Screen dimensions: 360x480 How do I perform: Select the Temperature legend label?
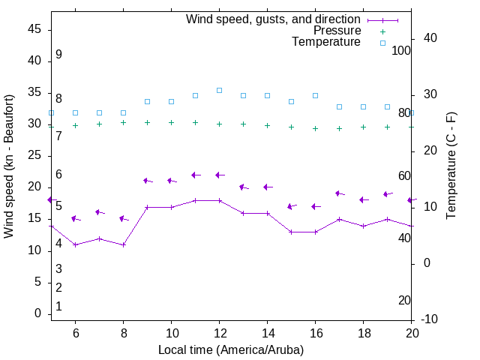click(326, 42)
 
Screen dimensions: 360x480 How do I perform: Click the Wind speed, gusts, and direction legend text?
click(274, 19)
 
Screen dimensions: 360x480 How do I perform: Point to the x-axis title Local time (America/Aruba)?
click(231, 349)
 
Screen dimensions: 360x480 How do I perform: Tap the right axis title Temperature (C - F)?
click(451, 166)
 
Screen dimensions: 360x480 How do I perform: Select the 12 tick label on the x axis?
click(219, 332)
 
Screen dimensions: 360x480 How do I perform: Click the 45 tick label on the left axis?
click(34, 29)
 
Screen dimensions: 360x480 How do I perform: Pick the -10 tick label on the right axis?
click(430, 319)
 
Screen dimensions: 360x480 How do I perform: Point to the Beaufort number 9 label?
click(58, 55)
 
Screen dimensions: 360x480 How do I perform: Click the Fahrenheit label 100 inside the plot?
click(401, 50)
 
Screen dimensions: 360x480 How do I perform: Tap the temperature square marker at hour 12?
click(219, 90)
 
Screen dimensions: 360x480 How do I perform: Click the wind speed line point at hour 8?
click(123, 244)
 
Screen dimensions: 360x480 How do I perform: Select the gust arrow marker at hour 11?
click(195, 175)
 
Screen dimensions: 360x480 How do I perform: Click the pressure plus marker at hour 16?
click(315, 128)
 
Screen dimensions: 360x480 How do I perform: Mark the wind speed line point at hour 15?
click(291, 232)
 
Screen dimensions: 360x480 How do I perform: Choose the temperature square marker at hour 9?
click(147, 101)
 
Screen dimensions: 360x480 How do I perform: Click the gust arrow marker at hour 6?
click(75, 219)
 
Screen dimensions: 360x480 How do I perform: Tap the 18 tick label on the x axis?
click(363, 332)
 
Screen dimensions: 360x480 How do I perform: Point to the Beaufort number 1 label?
click(58, 307)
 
